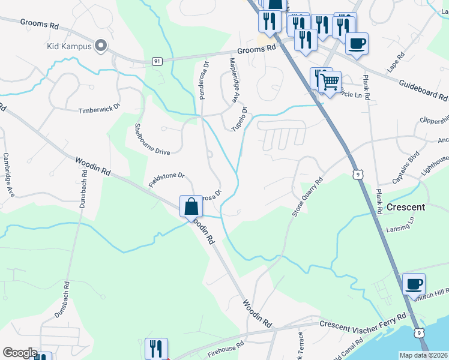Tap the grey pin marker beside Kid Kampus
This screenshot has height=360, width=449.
[100, 45]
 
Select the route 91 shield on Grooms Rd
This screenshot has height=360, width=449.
[157, 61]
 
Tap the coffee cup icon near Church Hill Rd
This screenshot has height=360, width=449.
[413, 283]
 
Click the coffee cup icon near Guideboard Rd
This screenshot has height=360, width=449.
[357, 43]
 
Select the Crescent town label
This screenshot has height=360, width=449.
[406, 207]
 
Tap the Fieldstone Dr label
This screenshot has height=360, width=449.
[166, 179]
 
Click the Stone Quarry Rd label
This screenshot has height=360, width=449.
[307, 196]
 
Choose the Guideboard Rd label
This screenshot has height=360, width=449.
[423, 91]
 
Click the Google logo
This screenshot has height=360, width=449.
[20, 353]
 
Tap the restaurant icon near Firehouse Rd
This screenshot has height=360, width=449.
[155, 349]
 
